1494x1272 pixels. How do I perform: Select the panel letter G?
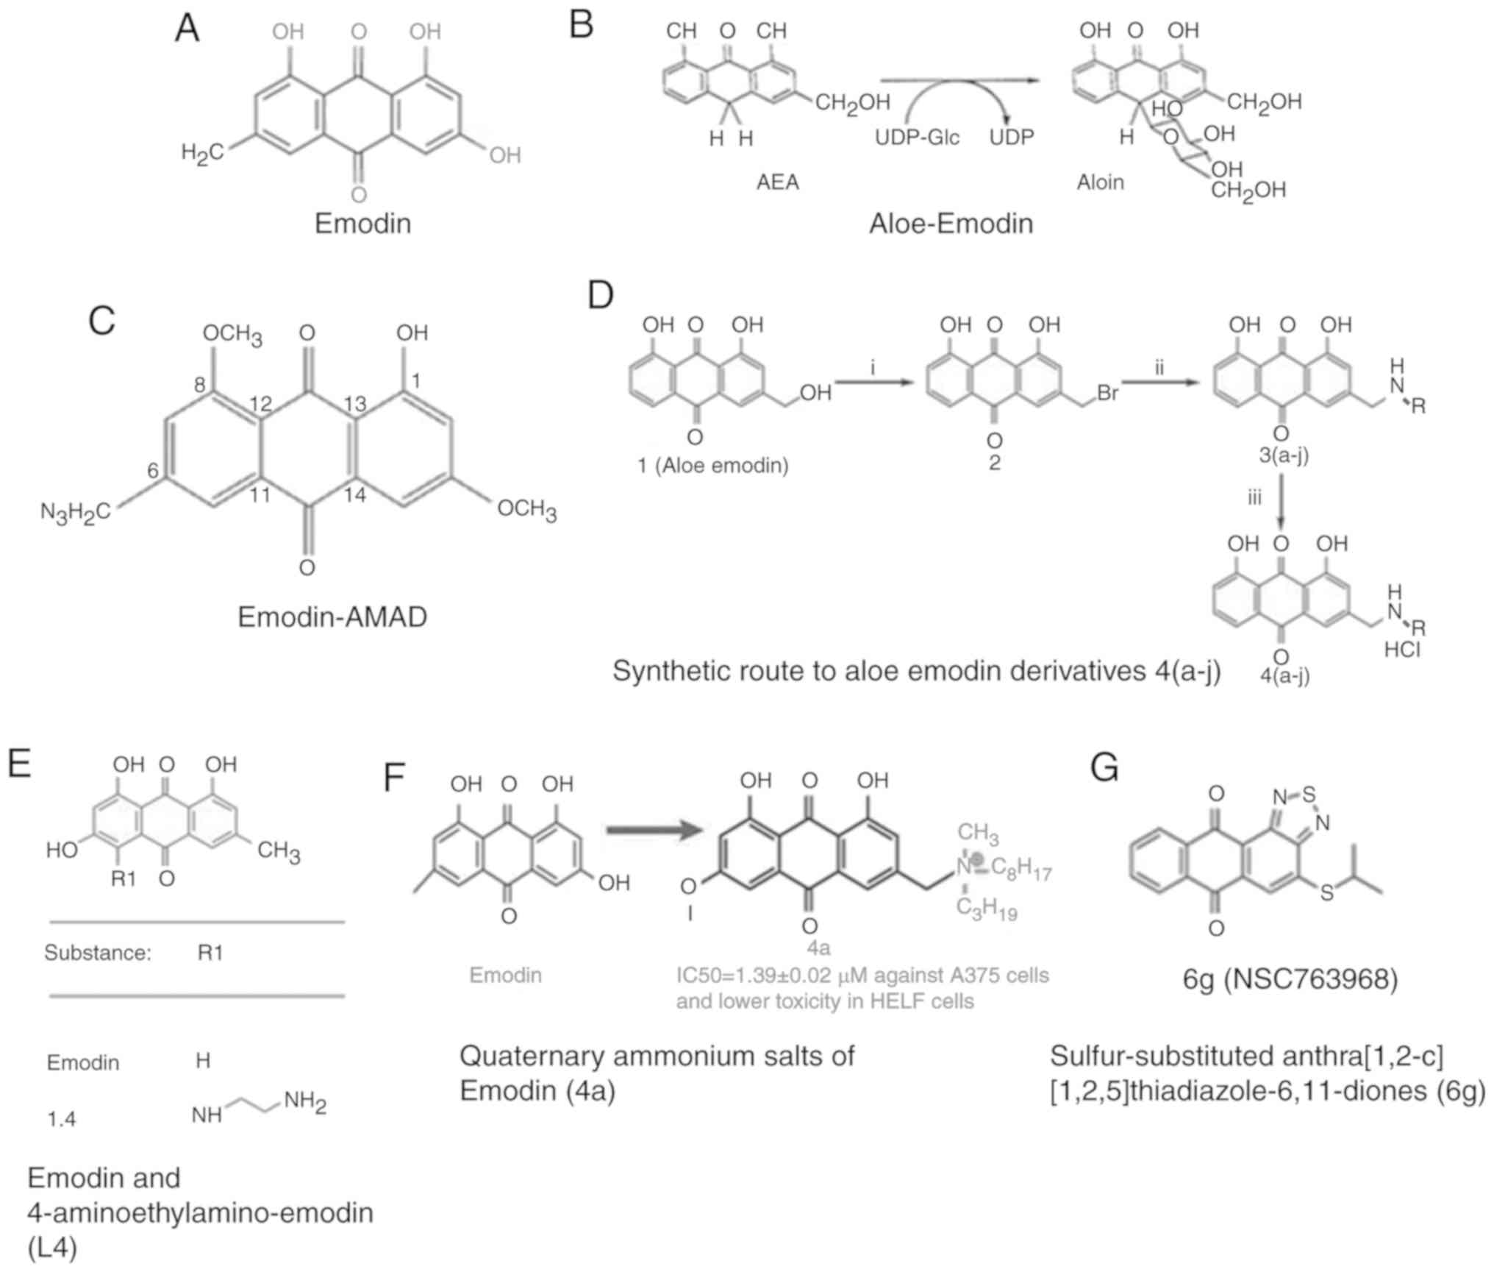pyautogui.click(x=1104, y=768)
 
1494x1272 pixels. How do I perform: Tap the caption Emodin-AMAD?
pyautogui.click(x=332, y=617)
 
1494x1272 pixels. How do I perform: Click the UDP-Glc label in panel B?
pyautogui.click(x=917, y=138)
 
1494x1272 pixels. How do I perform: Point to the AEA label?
pyautogui.click(x=778, y=182)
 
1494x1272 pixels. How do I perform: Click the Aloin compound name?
pyautogui.click(x=1100, y=182)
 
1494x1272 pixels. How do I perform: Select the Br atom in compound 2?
pyautogui.click(x=1107, y=393)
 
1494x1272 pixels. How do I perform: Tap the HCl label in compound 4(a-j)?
pyautogui.click(x=1402, y=650)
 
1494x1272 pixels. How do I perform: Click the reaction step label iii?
pyautogui.click(x=1254, y=498)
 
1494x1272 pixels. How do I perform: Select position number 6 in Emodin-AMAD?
pyautogui.click(x=153, y=470)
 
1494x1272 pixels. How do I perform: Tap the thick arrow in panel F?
pyautogui.click(x=651, y=831)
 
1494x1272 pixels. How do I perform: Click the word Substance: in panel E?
pyautogui.click(x=98, y=953)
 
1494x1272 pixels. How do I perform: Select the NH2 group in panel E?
pyautogui.click(x=305, y=1102)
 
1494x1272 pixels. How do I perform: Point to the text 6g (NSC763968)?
pyautogui.click(x=1290, y=979)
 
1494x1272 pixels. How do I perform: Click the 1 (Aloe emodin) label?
pyautogui.click(x=712, y=465)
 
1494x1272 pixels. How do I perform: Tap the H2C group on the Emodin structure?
pyautogui.click(x=201, y=153)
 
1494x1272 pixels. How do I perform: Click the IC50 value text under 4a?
pyautogui.click(x=862, y=976)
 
